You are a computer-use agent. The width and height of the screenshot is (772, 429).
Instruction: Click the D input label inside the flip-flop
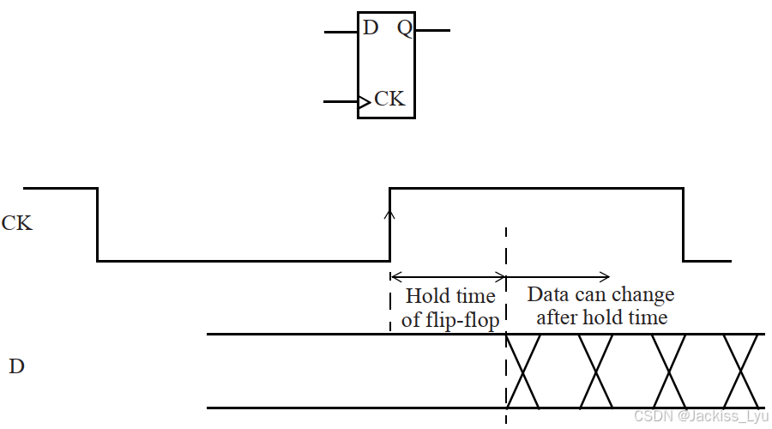pyautogui.click(x=371, y=28)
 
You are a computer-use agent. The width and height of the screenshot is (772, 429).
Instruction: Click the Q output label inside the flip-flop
pyautogui.click(x=404, y=28)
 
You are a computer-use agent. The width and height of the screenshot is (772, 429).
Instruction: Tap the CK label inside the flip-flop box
pyautogui.click(x=389, y=99)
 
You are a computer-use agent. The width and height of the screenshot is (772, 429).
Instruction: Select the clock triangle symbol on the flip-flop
pyautogui.click(x=365, y=102)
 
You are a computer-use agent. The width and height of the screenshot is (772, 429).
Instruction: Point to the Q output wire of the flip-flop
pyautogui.click(x=432, y=31)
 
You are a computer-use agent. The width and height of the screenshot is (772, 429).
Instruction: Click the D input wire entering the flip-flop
pyautogui.click(x=341, y=32)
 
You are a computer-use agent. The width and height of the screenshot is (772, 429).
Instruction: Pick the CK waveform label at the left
pyautogui.click(x=16, y=224)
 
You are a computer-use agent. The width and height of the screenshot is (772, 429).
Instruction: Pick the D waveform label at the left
pyautogui.click(x=16, y=367)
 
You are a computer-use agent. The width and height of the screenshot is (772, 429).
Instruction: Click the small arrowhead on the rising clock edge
pyautogui.click(x=390, y=216)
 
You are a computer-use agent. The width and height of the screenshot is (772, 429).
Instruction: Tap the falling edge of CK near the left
pyautogui.click(x=97, y=223)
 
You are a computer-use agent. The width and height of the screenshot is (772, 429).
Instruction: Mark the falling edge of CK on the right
pyautogui.click(x=683, y=223)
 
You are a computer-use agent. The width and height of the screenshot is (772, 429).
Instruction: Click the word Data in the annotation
pyautogui.click(x=546, y=295)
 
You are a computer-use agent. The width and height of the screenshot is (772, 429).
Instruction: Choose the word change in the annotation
pyautogui.click(x=642, y=295)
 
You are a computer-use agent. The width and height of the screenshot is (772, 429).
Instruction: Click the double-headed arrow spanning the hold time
pyautogui.click(x=448, y=276)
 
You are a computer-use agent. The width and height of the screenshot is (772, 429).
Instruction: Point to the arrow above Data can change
pyautogui.click(x=558, y=276)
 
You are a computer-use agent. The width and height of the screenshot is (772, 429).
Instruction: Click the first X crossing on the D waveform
pyautogui.click(x=523, y=371)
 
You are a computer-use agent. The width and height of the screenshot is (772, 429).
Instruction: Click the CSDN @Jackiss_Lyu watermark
pyautogui.click(x=697, y=415)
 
